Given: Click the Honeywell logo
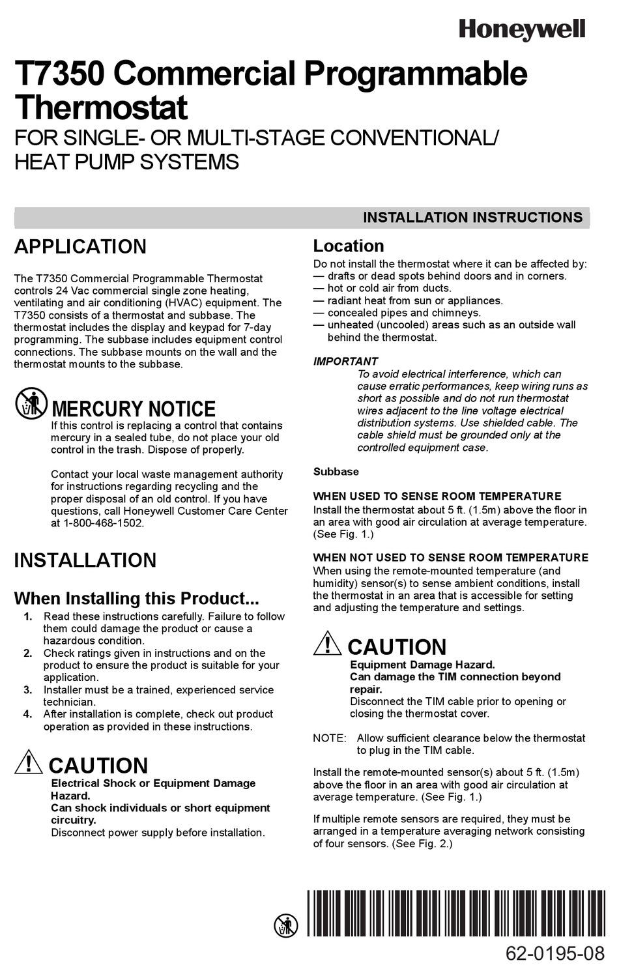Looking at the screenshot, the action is pyautogui.click(x=522, y=29).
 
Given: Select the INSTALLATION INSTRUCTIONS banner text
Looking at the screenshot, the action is pyautogui.click(x=472, y=218).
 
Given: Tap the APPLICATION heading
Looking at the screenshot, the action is pyautogui.click(x=80, y=247).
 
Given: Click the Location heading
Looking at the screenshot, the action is pyautogui.click(x=349, y=246).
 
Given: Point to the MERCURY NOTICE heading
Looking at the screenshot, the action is pyautogui.click(x=133, y=409).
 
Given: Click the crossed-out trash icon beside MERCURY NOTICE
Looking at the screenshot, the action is pyautogui.click(x=31, y=403).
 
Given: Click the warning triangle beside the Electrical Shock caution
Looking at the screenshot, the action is pyautogui.click(x=29, y=762).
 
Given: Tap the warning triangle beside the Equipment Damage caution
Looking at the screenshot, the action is pyautogui.click(x=327, y=643).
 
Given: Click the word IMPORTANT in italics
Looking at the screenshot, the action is pyautogui.click(x=345, y=362).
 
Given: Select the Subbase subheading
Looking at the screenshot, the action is pyautogui.click(x=336, y=472).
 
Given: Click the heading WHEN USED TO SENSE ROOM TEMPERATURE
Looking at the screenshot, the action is pyautogui.click(x=437, y=497).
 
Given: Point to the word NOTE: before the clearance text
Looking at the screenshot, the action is pyautogui.click(x=329, y=738).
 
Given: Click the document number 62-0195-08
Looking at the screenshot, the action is pyautogui.click(x=555, y=955).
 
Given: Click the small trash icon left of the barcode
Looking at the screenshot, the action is pyautogui.click(x=285, y=925).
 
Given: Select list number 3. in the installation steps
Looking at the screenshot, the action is pyautogui.click(x=28, y=690).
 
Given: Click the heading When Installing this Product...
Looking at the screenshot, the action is pyautogui.click(x=136, y=599).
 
